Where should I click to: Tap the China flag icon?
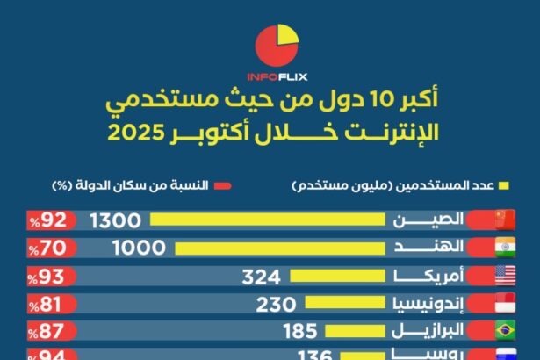[504, 220]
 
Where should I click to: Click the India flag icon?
[504, 248]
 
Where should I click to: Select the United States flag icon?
[504, 277]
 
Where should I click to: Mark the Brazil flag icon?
[504, 332]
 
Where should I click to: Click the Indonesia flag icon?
[504, 305]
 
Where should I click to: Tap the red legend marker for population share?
[221, 186]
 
